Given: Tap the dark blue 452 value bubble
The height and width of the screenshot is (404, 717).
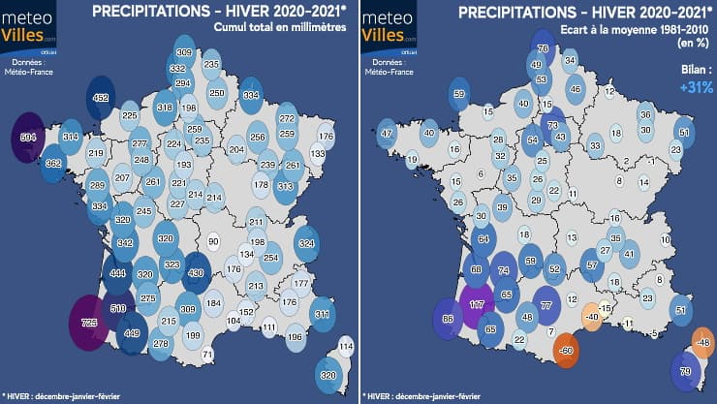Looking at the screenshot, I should click(100, 97).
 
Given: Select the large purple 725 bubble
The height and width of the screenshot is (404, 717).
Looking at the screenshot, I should click(89, 322).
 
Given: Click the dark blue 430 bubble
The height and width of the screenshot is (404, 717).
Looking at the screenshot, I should click(196, 273).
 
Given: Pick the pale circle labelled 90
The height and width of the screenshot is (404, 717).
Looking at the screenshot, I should click(213, 241).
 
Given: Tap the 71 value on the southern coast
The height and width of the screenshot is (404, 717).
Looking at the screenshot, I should click(206, 356).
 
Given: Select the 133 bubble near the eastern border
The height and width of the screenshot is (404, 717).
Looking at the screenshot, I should click(318, 153).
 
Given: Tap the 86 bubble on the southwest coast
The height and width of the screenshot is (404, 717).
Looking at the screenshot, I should click(448, 319).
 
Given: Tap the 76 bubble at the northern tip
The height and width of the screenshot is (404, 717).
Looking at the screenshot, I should click(543, 48).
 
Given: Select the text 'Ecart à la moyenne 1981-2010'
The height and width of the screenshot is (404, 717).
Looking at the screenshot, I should click(622, 31).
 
